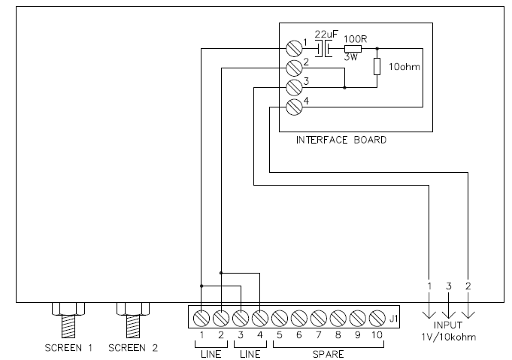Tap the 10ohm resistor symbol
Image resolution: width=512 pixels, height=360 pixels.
pyautogui.click(x=377, y=67)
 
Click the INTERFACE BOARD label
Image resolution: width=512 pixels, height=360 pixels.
pyautogui.click(x=341, y=141)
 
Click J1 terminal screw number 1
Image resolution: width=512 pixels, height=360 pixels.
pyautogui.click(x=202, y=317)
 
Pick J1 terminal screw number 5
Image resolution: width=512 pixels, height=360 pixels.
pyautogui.click(x=279, y=317)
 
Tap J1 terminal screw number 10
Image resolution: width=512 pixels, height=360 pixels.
pyautogui.click(x=375, y=317)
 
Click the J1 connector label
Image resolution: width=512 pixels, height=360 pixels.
pyautogui.click(x=394, y=319)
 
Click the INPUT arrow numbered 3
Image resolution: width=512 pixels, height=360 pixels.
pyautogui.click(x=449, y=308)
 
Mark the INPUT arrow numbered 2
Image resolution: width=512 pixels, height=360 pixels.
pyautogui.click(x=468, y=308)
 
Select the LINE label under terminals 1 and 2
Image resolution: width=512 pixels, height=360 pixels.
pyautogui.click(x=211, y=353)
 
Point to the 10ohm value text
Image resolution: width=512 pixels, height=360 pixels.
pyautogui.click(x=404, y=68)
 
